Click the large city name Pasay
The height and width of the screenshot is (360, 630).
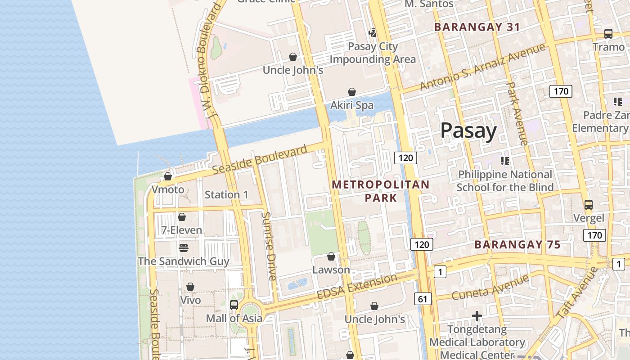point(468,131)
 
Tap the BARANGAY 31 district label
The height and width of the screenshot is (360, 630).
point(477,27)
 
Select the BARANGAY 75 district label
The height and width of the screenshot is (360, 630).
point(517,245)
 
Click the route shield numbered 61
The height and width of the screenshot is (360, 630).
point(422,299)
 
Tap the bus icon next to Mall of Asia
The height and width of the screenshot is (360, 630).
point(234,305)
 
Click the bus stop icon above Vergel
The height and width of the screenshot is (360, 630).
point(588,205)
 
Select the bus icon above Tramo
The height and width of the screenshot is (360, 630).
point(608,34)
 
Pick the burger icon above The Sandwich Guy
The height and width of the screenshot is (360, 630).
point(183,248)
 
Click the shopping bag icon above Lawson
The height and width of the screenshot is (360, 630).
point(331,256)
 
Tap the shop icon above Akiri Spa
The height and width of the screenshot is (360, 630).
point(352,92)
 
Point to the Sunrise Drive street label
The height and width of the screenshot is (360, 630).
point(269,246)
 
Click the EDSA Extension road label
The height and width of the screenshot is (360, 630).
point(357,286)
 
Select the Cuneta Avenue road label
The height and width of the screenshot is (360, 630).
point(490,287)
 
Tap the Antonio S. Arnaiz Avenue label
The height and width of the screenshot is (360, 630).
point(482,67)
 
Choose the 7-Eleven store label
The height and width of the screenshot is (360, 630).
point(182,230)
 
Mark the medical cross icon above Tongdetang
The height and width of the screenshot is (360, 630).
point(477,316)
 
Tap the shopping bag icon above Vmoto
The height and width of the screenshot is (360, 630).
point(168,176)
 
